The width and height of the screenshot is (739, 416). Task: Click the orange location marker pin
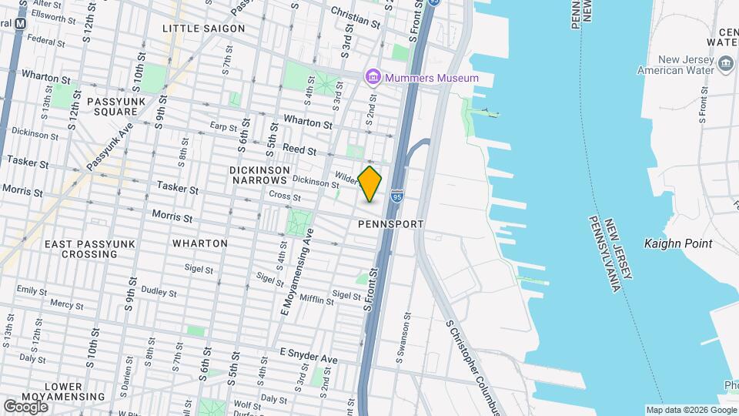coord(370,183)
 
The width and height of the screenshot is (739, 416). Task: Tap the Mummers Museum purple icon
coord(373,77)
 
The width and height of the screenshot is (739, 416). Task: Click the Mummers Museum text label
coord(431,78)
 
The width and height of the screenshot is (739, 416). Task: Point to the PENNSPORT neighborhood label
coord(391,224)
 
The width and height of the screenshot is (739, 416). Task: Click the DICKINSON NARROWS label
coord(259,175)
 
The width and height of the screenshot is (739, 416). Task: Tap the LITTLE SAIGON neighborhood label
coord(203,29)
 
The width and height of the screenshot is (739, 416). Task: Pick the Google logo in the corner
coord(25,405)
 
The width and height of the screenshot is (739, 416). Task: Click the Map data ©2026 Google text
coord(691,410)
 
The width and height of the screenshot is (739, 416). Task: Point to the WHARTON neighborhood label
coord(199,243)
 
